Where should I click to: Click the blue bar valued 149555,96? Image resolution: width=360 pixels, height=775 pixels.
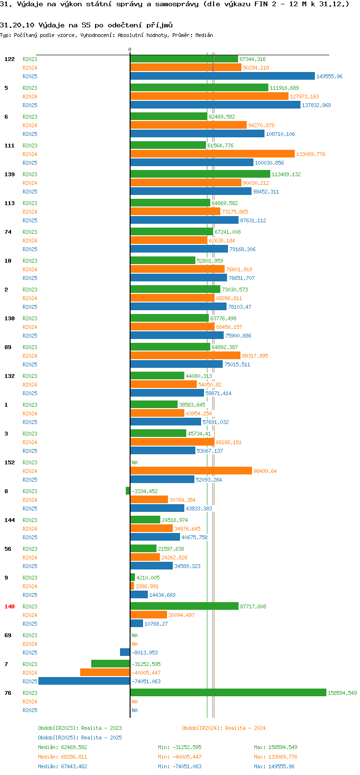coord(222,76)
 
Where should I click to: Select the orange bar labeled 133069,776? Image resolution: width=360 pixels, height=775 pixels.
coord(212,154)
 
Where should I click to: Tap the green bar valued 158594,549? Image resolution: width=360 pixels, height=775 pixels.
coord(228,693)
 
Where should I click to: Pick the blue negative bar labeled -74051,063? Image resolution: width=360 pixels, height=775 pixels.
coord(84,681)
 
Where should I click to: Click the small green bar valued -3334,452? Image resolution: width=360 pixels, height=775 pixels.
coord(128,491)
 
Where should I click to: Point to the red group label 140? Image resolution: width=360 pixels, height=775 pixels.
coord(9,606)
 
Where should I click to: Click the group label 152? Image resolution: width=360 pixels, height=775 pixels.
coord(9,462)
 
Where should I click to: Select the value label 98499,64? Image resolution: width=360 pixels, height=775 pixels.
coord(265,471)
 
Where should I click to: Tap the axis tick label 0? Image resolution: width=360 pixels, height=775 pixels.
coord(130,49)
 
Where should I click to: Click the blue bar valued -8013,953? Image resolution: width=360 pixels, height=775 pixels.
coord(125,652)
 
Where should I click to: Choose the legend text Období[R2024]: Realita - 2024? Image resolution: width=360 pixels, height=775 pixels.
coord(224,728)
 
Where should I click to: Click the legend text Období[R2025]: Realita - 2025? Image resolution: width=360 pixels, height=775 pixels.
coord(80,738)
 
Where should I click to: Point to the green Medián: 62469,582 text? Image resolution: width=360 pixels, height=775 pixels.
coord(62,747)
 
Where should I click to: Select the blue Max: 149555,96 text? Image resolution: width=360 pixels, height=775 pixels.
coord(274,766)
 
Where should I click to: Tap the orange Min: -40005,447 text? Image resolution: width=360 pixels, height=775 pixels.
coord(180,757)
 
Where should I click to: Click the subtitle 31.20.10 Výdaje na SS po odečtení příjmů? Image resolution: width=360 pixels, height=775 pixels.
coord(86,25)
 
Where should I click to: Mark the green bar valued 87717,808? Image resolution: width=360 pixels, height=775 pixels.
coord(184,606)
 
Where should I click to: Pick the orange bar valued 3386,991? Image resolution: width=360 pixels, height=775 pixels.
coord(132,586)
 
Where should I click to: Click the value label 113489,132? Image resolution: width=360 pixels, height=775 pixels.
coord(286,174)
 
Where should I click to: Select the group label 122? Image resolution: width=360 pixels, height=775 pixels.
coord(9,59)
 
